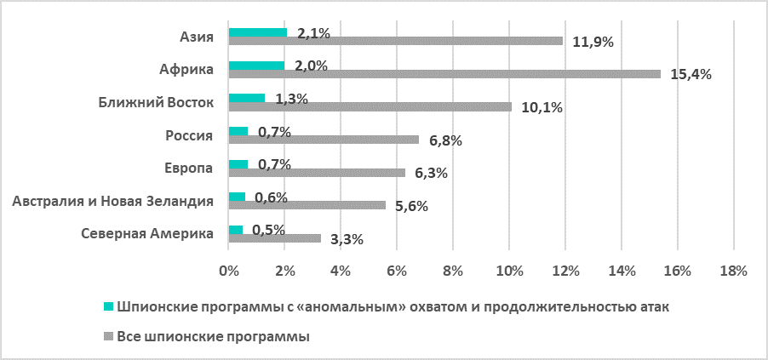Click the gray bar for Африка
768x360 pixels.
(x=444, y=74)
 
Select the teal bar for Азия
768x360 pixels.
(x=258, y=33)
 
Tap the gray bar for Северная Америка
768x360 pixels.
(x=275, y=238)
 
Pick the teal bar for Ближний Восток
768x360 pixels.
(x=247, y=99)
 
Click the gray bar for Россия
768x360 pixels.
(x=324, y=140)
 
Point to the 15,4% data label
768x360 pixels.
(x=691, y=74)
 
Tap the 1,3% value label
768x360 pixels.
(x=291, y=99)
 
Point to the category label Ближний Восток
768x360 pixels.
(x=156, y=103)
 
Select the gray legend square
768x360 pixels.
(x=107, y=338)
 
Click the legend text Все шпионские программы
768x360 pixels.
(x=212, y=338)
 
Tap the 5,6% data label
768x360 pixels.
(x=411, y=206)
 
